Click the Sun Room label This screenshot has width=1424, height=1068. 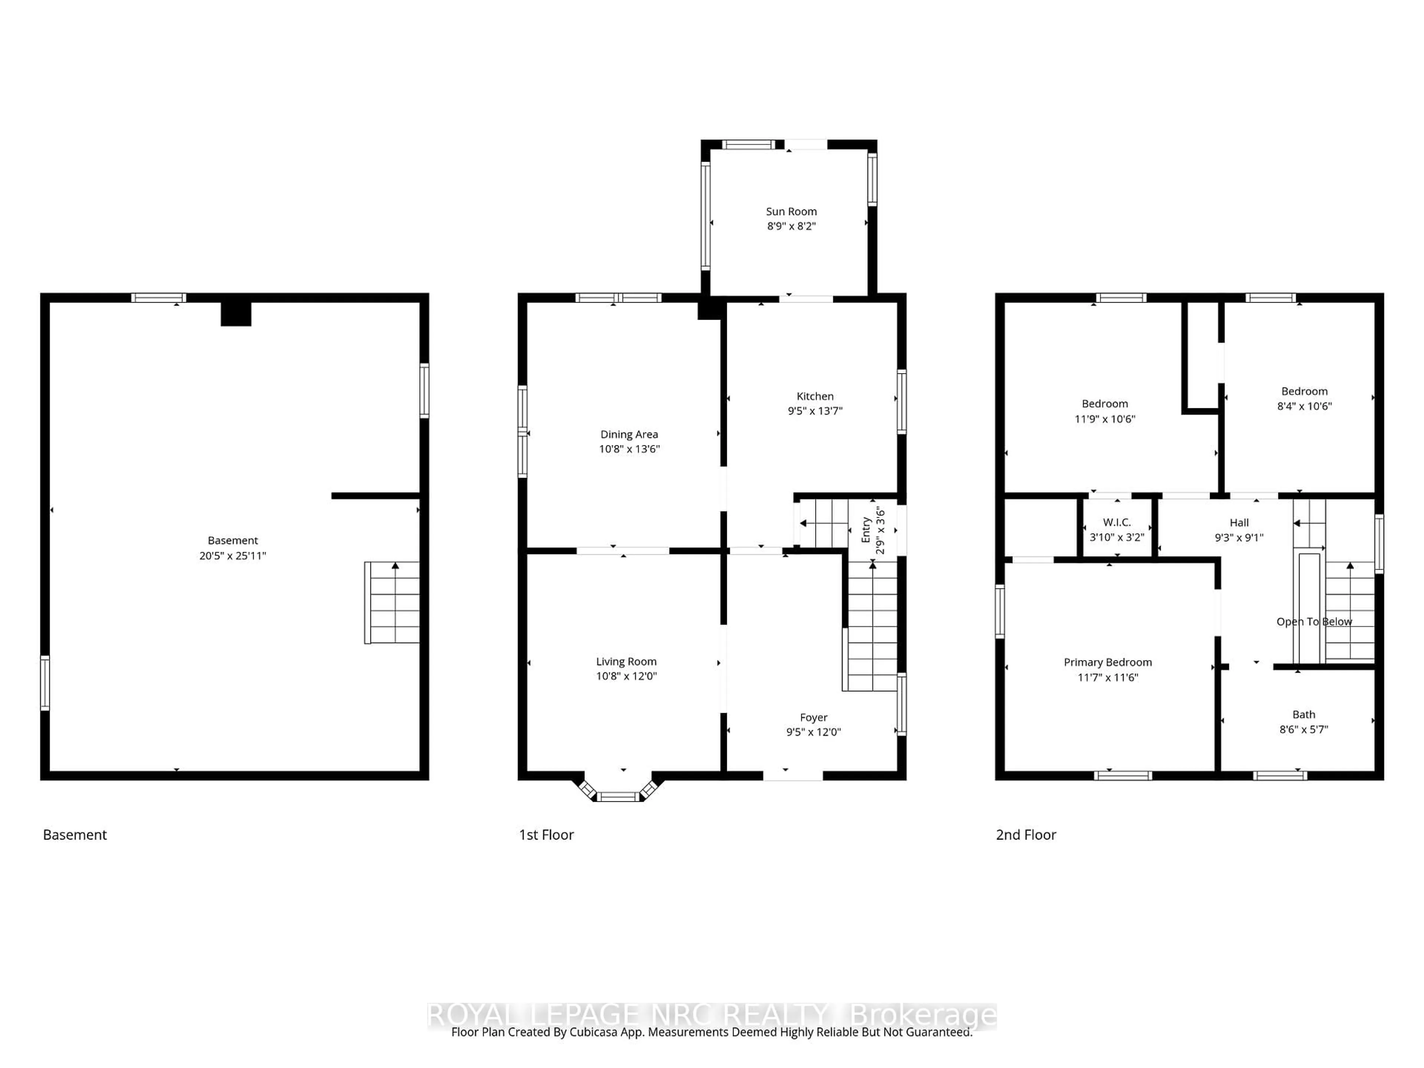tap(791, 211)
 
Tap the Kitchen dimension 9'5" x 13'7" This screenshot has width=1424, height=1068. tap(815, 411)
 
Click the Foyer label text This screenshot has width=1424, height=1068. tap(814, 717)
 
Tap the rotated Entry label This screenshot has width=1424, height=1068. tap(866, 530)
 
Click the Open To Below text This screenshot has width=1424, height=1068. tap(1314, 621)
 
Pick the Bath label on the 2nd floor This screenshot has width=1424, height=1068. tap(1303, 715)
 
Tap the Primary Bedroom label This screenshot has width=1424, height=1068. tap(1107, 662)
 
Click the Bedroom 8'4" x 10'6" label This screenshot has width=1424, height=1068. tap(1304, 391)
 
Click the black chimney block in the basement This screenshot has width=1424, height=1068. tap(235, 313)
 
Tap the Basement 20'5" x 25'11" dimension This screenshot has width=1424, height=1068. tap(233, 556)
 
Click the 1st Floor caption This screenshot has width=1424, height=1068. tap(546, 835)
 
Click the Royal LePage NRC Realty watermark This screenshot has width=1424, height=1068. tap(711, 1015)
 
